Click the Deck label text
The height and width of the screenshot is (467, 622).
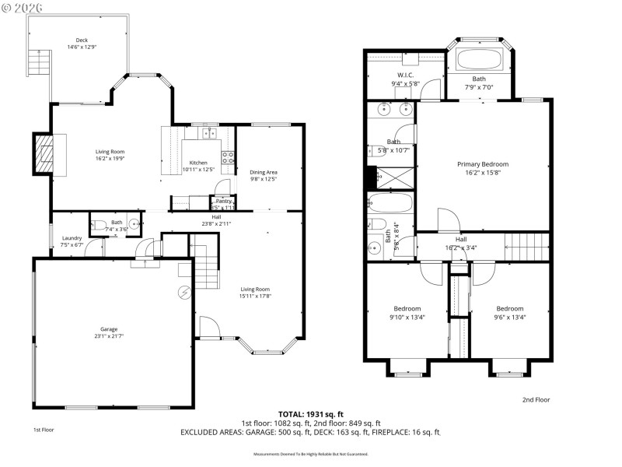coord(82,40)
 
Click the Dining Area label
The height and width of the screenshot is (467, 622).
coord(264,172)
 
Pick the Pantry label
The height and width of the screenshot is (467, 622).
coord(224,201)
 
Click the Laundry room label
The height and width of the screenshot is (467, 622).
coord(72,238)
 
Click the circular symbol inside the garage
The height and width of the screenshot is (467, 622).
coord(184,293)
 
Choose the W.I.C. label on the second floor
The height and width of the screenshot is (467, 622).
coord(404,75)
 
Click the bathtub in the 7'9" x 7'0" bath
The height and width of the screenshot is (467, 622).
coord(480,60)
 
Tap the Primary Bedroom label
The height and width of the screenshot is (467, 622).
coord(482,164)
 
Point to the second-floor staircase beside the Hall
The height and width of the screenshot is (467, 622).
coord(526,247)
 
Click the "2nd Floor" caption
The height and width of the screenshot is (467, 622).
coord(536,399)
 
